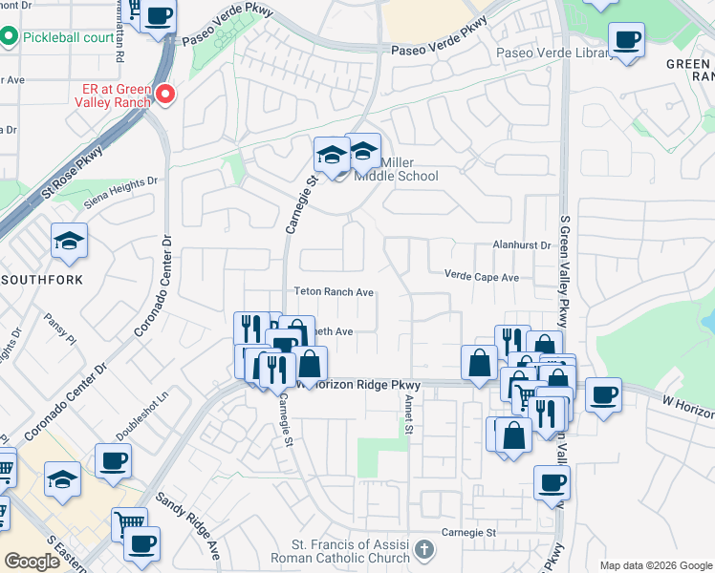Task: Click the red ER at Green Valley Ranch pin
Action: tap(165, 94)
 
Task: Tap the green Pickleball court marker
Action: tap(9, 37)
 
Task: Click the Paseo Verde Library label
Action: tap(554, 53)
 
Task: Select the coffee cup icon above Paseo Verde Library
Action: tap(627, 41)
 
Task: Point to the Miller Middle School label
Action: tap(396, 169)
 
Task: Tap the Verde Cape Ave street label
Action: tap(481, 276)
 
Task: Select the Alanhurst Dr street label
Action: tap(522, 245)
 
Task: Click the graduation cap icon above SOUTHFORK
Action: tap(69, 243)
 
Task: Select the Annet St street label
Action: tap(408, 413)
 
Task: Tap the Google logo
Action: tap(32, 562)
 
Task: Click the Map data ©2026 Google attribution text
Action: tap(655, 565)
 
